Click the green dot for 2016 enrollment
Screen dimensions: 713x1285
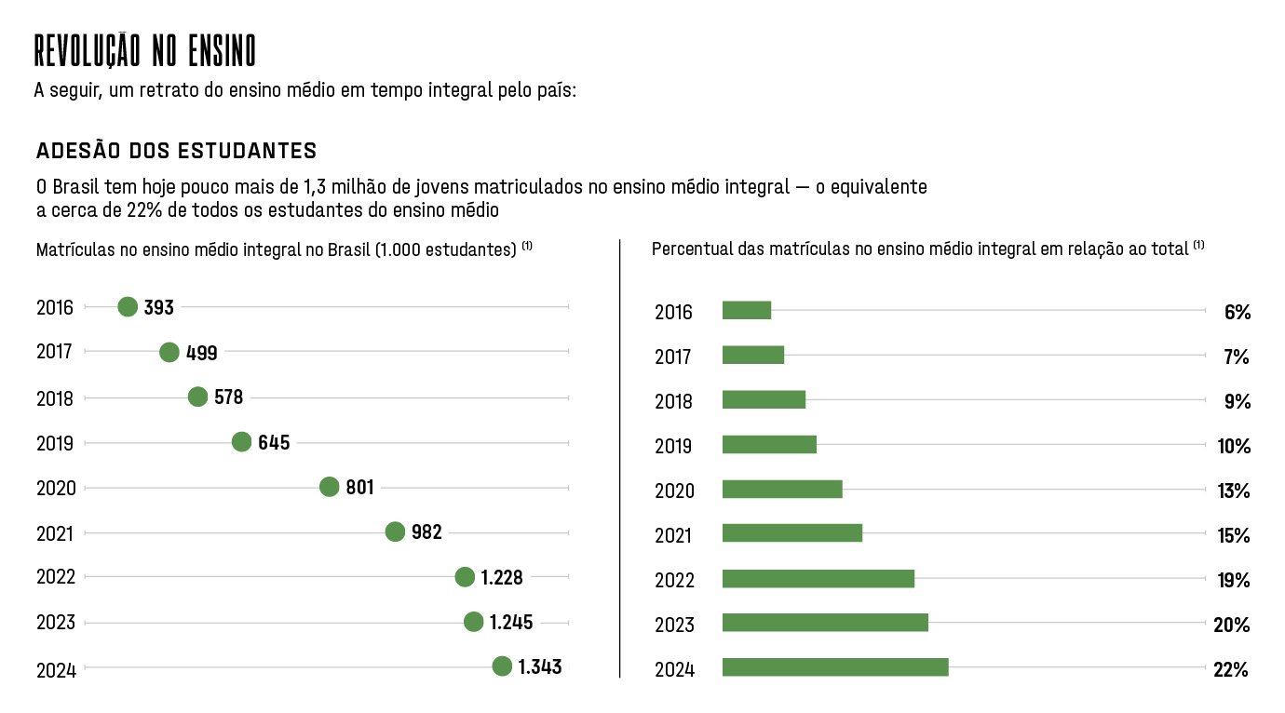point(128,307)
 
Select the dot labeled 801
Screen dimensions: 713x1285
point(329,487)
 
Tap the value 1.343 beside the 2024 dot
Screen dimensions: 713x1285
point(539,666)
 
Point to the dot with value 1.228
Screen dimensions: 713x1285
point(465,577)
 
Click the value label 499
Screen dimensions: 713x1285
point(201,352)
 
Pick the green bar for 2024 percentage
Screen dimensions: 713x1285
point(834,667)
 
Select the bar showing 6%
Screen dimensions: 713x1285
point(746,311)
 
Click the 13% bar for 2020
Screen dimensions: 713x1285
point(781,489)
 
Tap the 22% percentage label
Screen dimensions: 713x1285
point(1230,669)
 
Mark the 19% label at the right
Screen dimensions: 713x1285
point(1232,581)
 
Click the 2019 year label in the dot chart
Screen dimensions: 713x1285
point(55,443)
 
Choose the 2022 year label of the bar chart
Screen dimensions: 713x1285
point(673,581)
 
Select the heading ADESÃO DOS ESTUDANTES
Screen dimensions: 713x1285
point(176,151)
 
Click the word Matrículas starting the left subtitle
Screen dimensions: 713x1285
point(74,250)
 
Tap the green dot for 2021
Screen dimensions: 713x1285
point(395,531)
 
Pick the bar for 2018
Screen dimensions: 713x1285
point(764,400)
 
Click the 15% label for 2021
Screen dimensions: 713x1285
point(1233,536)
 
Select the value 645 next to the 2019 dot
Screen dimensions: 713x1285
point(274,442)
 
